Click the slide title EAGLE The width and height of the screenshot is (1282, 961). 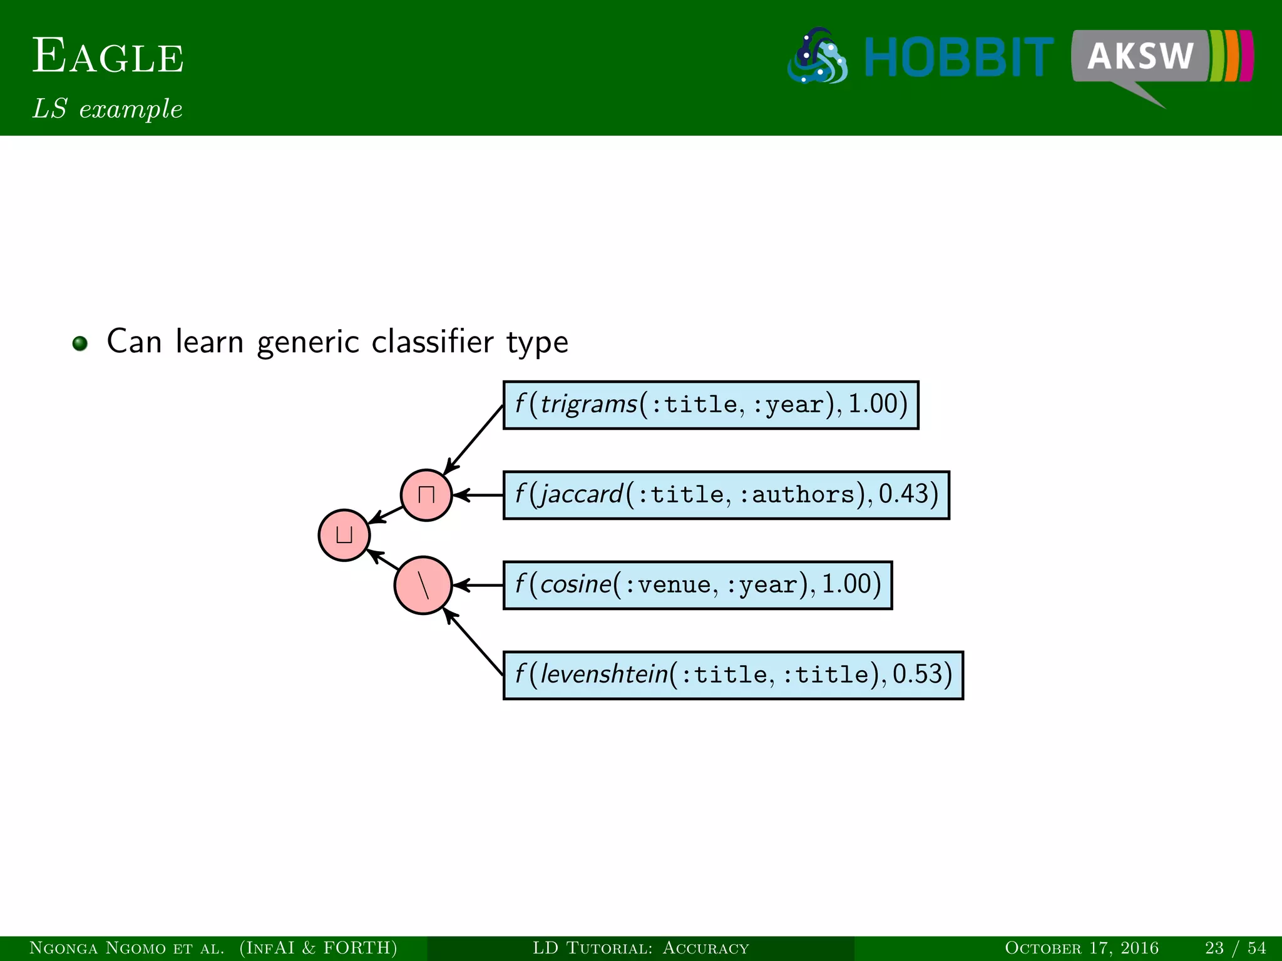coord(108,56)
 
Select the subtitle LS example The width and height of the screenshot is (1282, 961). coord(108,109)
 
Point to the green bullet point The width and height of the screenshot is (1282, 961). coord(79,343)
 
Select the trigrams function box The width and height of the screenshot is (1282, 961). coord(710,405)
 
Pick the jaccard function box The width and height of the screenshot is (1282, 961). coord(726,495)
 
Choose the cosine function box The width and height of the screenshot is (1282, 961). coord(697,585)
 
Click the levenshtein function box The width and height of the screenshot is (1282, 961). coord(733,675)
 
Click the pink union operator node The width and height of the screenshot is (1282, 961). coord(344,535)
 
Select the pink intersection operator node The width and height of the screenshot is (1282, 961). coord(426,495)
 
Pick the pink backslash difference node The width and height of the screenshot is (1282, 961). coord(423,586)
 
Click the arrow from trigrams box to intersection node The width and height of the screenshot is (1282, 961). coord(474,440)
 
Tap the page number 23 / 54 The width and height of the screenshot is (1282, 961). coord(1235,948)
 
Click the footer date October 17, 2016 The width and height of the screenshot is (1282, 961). coord(1081,948)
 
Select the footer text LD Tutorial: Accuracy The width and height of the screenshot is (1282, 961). coord(640,948)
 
